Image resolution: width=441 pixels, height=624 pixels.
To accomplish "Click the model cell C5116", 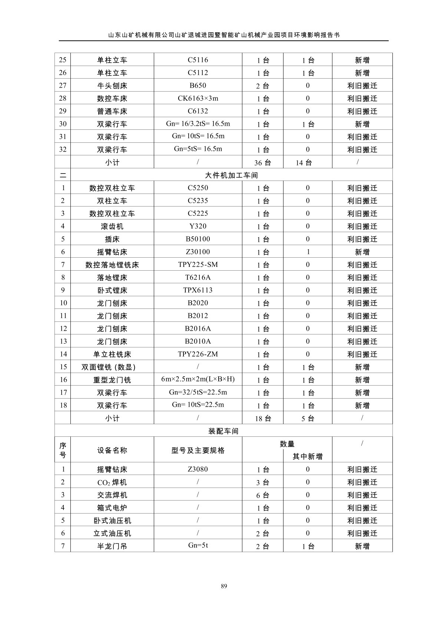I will point(198,60).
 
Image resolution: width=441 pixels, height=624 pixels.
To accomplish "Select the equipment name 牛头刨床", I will point(112,86).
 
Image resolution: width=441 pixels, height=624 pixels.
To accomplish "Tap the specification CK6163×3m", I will point(198,98).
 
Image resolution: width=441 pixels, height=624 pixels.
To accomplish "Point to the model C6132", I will point(198,111).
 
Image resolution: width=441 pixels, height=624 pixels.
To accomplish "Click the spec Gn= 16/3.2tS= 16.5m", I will point(198,124).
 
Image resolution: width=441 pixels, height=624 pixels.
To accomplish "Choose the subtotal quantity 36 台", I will point(263,162).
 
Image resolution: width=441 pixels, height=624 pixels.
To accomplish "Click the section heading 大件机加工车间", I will point(231,175).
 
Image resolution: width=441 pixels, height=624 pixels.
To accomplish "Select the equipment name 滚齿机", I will point(112,226).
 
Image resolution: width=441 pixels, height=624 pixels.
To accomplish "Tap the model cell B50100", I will point(198,239).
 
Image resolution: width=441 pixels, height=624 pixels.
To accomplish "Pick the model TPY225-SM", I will point(198,265).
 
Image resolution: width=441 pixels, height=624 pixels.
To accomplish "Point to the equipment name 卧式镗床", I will point(112,290).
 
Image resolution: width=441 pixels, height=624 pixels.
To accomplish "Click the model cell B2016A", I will point(198,328).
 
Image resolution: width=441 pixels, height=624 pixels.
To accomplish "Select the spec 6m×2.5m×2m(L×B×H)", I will point(198,379).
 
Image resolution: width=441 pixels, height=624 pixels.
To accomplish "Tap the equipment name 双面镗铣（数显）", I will point(109,367).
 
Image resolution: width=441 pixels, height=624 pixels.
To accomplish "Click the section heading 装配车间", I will point(223,431).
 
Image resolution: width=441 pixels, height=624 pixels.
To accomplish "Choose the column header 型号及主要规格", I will point(198,450).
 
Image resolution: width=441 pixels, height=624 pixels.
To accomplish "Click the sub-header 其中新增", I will point(307,456).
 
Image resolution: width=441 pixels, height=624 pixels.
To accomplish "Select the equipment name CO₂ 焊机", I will point(112,482).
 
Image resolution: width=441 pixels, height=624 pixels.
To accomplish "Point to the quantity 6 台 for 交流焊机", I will point(263,495).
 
